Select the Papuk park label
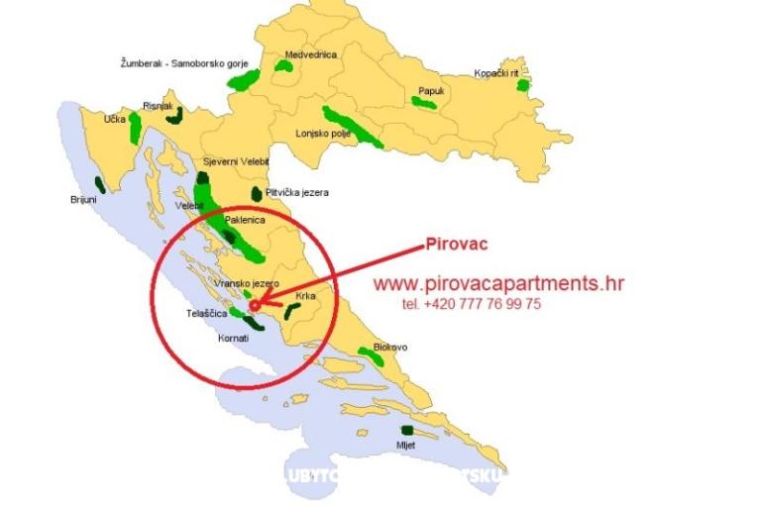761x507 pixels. click(431, 90)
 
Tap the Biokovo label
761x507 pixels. click(389, 348)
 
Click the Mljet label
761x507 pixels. click(405, 446)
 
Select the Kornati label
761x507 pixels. click(233, 338)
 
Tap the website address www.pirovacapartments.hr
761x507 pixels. click(498, 283)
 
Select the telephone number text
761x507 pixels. click(472, 305)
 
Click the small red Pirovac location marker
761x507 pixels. click(255, 305)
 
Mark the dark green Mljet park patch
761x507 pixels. click(406, 430)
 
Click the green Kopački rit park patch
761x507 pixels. click(522, 85)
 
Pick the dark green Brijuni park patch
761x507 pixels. click(99, 183)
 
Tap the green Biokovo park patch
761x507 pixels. click(375, 357)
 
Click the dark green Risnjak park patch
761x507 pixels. click(174, 115)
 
